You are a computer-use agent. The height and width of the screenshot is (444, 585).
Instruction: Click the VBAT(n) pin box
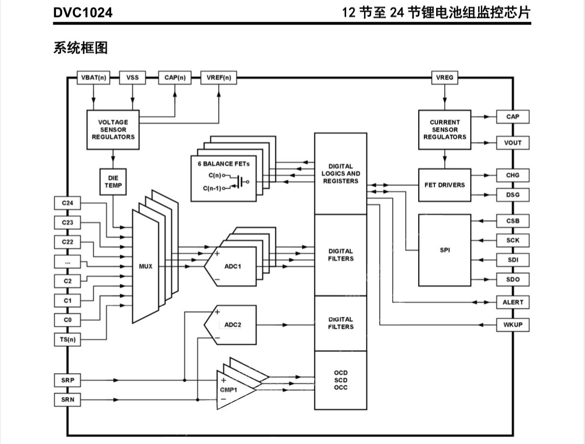pyautogui.click(x=93, y=78)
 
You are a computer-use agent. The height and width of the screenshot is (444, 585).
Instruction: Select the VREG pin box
pyautogui.click(x=445, y=78)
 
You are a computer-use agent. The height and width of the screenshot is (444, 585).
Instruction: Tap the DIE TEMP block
pyautogui.click(x=113, y=182)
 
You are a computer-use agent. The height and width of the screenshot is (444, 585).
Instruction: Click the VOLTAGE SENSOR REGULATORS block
pyautogui.click(x=113, y=129)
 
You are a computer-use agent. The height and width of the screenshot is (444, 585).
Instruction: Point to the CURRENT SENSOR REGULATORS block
pyautogui.click(x=445, y=129)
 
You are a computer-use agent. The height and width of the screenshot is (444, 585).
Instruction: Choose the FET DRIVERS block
pyautogui.click(x=445, y=185)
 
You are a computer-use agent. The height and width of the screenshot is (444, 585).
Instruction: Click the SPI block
pyautogui.click(x=445, y=250)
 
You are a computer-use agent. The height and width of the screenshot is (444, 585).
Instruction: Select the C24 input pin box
pyautogui.click(x=67, y=203)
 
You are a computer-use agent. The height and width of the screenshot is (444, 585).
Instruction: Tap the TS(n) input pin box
pyautogui.click(x=67, y=339)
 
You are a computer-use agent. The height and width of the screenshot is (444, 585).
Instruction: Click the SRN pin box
pyautogui.click(x=67, y=400)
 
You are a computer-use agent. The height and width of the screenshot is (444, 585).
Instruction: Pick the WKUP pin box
pyautogui.click(x=512, y=325)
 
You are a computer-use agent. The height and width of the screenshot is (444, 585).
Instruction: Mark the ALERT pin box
pyautogui.click(x=512, y=302)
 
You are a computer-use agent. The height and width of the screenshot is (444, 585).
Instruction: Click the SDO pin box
pyautogui.click(x=512, y=279)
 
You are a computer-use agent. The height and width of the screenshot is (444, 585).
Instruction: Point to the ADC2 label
pyautogui.click(x=233, y=325)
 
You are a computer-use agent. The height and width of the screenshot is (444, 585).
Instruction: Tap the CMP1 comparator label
pyautogui.click(x=229, y=390)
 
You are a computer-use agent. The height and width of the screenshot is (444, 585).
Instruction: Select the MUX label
pyautogui.click(x=146, y=266)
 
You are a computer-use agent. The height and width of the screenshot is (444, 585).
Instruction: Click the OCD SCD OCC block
pyautogui.click(x=341, y=380)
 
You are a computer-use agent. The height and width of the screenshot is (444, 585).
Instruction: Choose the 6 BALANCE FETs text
pyautogui.click(x=224, y=164)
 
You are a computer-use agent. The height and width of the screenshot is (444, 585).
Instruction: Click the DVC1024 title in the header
pyautogui.click(x=83, y=13)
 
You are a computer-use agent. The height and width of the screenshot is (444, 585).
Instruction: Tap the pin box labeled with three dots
pyautogui.click(x=67, y=261)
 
